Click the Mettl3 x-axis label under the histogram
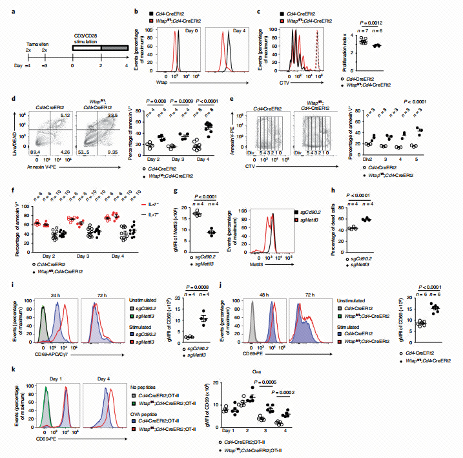(x=246, y=264)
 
